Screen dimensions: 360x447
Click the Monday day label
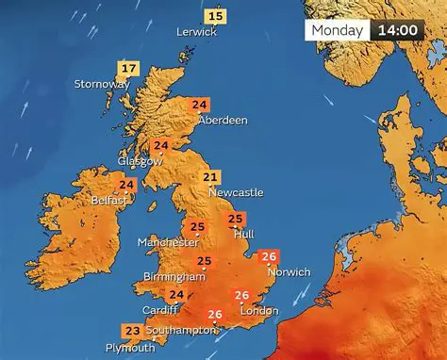[338, 30]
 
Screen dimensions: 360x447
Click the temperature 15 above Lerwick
[216, 16]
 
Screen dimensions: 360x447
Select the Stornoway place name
[102, 85]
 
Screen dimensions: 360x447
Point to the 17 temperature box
[128, 69]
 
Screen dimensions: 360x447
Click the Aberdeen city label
[223, 121]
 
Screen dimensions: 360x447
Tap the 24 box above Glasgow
[161, 146]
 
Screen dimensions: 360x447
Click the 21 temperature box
[211, 177]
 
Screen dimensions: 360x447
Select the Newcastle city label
[236, 192]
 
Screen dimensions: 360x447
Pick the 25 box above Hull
[236, 221]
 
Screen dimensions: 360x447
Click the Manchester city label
[167, 242]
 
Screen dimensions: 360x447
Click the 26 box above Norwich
[270, 257]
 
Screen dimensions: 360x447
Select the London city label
[258, 311]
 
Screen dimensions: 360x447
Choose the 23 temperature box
[133, 331]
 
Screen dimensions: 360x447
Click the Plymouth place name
[130, 348]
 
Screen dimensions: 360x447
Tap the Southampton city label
[182, 331]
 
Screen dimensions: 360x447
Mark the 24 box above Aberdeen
[200, 105]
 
